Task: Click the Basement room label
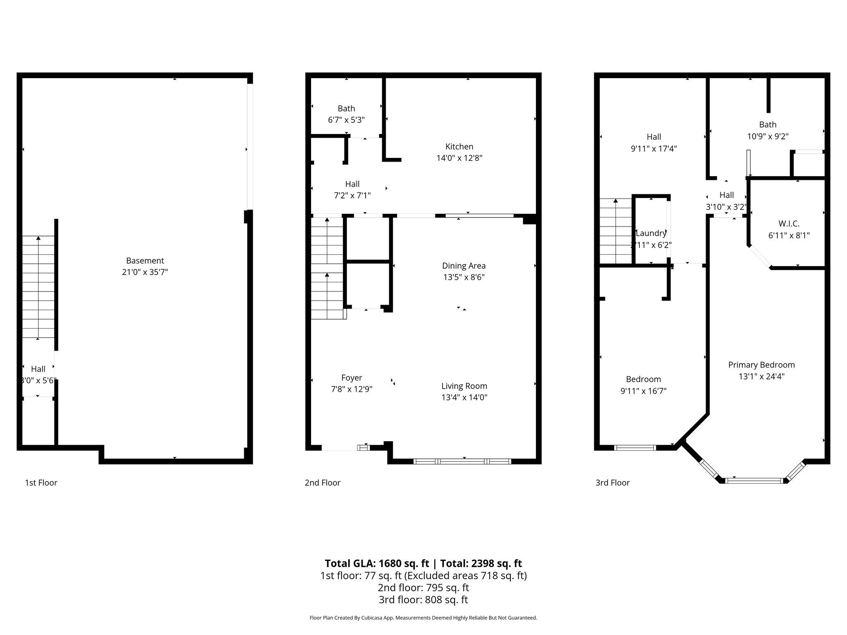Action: (145, 261)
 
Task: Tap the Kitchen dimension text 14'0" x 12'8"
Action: (459, 158)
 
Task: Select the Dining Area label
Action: (464, 266)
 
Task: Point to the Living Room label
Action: (464, 386)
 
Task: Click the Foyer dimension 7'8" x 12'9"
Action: (352, 389)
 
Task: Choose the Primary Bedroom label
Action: (761, 365)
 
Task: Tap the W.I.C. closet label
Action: (789, 224)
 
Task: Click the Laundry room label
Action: (651, 233)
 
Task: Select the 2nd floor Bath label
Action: (346, 109)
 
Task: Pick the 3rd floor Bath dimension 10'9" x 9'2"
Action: (768, 136)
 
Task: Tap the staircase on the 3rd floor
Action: (616, 231)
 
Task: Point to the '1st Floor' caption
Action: (41, 483)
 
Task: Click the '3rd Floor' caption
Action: (612, 483)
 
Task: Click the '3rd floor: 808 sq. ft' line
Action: (423, 599)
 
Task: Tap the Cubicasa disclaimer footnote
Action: (423, 618)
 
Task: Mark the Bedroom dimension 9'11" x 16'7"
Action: (643, 391)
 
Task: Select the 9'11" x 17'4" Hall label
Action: (653, 149)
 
